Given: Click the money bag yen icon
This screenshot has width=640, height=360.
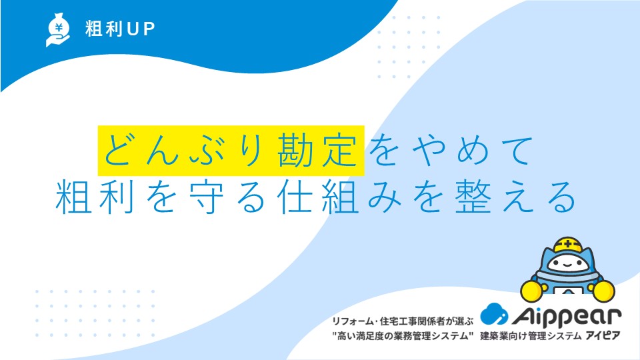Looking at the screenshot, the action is (57, 30).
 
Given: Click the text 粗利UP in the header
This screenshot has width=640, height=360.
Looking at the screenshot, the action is (120, 29).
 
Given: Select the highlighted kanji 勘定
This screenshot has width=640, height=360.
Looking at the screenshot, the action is (317, 150).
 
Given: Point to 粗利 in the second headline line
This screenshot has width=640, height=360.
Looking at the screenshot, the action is (95, 197).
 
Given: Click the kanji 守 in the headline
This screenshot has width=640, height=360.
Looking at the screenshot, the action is (207, 197).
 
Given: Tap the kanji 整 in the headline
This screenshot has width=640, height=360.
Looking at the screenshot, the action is (473, 197).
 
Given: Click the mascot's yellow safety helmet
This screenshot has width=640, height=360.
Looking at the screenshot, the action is (567, 244).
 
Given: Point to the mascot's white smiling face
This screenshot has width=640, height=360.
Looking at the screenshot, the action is (567, 264).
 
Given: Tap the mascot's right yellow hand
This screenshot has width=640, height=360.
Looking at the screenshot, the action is (603, 291).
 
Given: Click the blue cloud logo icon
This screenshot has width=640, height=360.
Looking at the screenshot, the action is (494, 313).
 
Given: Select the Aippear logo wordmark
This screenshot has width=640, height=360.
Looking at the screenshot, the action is (567, 315).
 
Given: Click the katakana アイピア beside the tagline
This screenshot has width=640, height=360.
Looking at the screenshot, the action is (603, 336).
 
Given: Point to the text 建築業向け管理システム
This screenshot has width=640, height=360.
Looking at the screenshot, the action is (531, 336).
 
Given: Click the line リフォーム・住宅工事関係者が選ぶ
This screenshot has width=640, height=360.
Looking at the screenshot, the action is (403, 321).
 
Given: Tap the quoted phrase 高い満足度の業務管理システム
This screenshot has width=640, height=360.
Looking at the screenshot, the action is (403, 336).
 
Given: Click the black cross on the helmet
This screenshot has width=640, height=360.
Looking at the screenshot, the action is (568, 245).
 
